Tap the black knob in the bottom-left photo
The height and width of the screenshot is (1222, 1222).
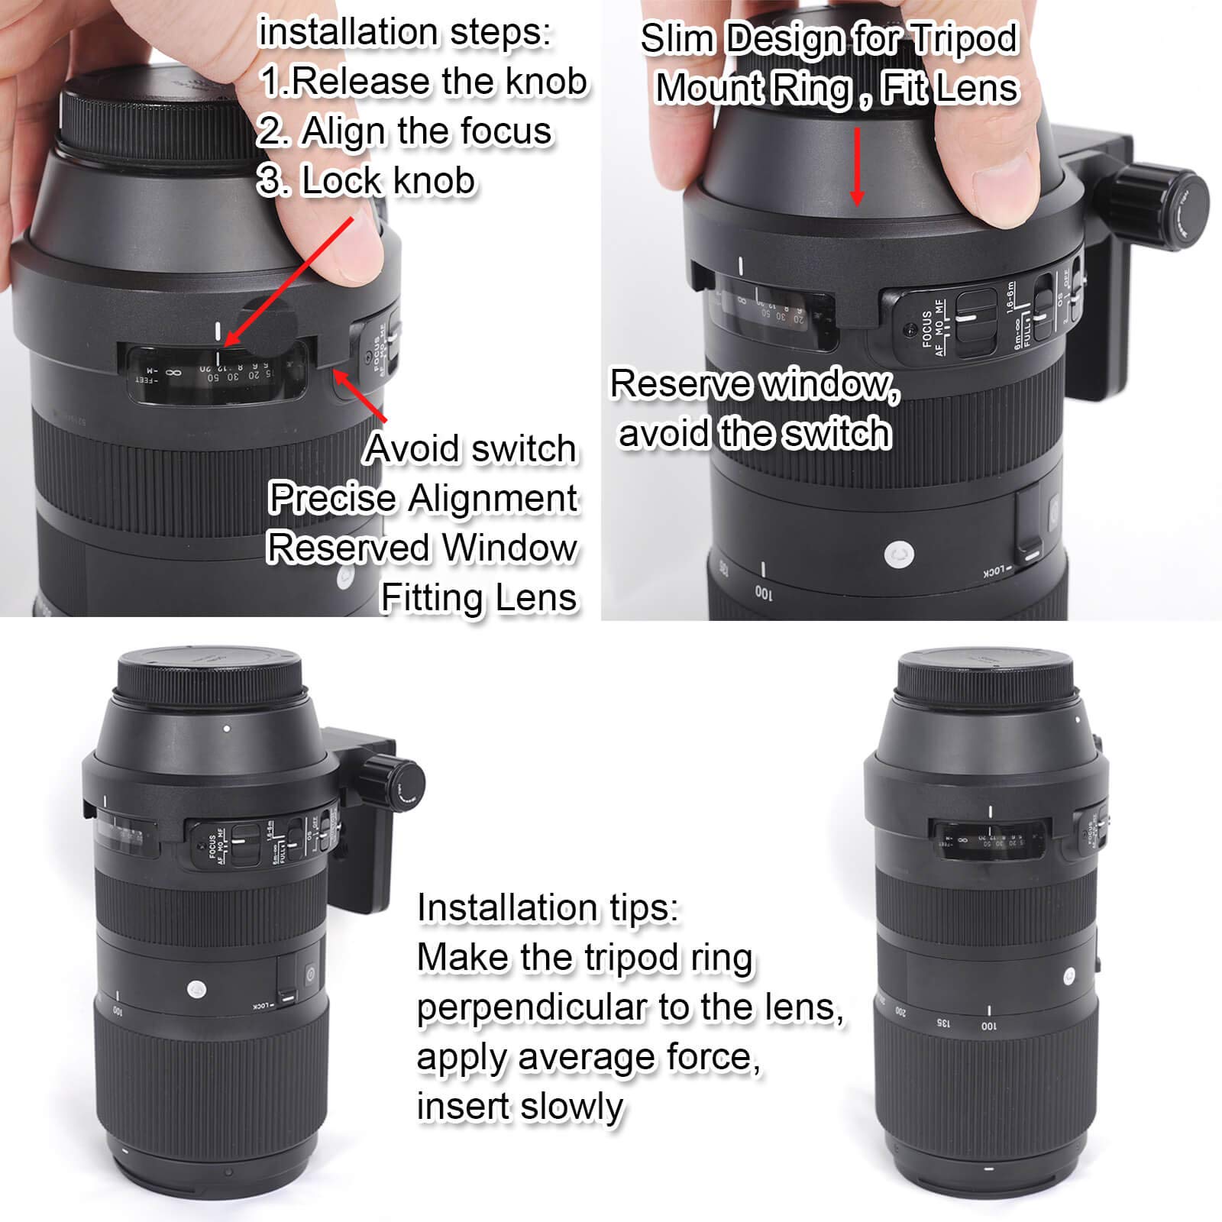(396, 784)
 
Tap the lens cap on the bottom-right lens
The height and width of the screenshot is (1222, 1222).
(984, 672)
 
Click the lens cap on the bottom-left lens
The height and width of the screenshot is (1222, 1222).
(209, 672)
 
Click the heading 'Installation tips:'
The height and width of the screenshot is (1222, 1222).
(548, 909)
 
